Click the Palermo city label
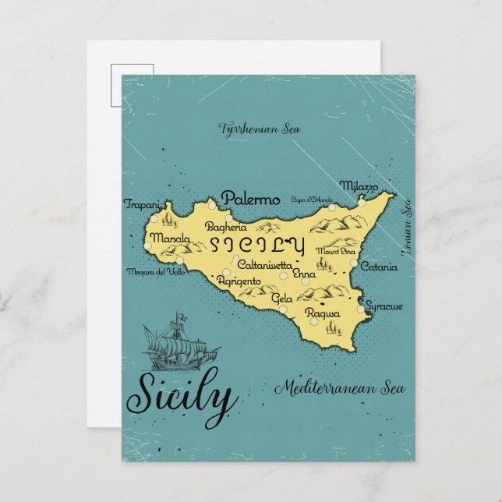[250, 200]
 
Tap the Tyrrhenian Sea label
[249, 127]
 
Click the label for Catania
[379, 267]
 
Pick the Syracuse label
[384, 306]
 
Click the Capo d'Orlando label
[309, 200]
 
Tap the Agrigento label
[238, 281]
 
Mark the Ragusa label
[322, 313]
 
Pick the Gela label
[281, 299]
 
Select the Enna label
[306, 275]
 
